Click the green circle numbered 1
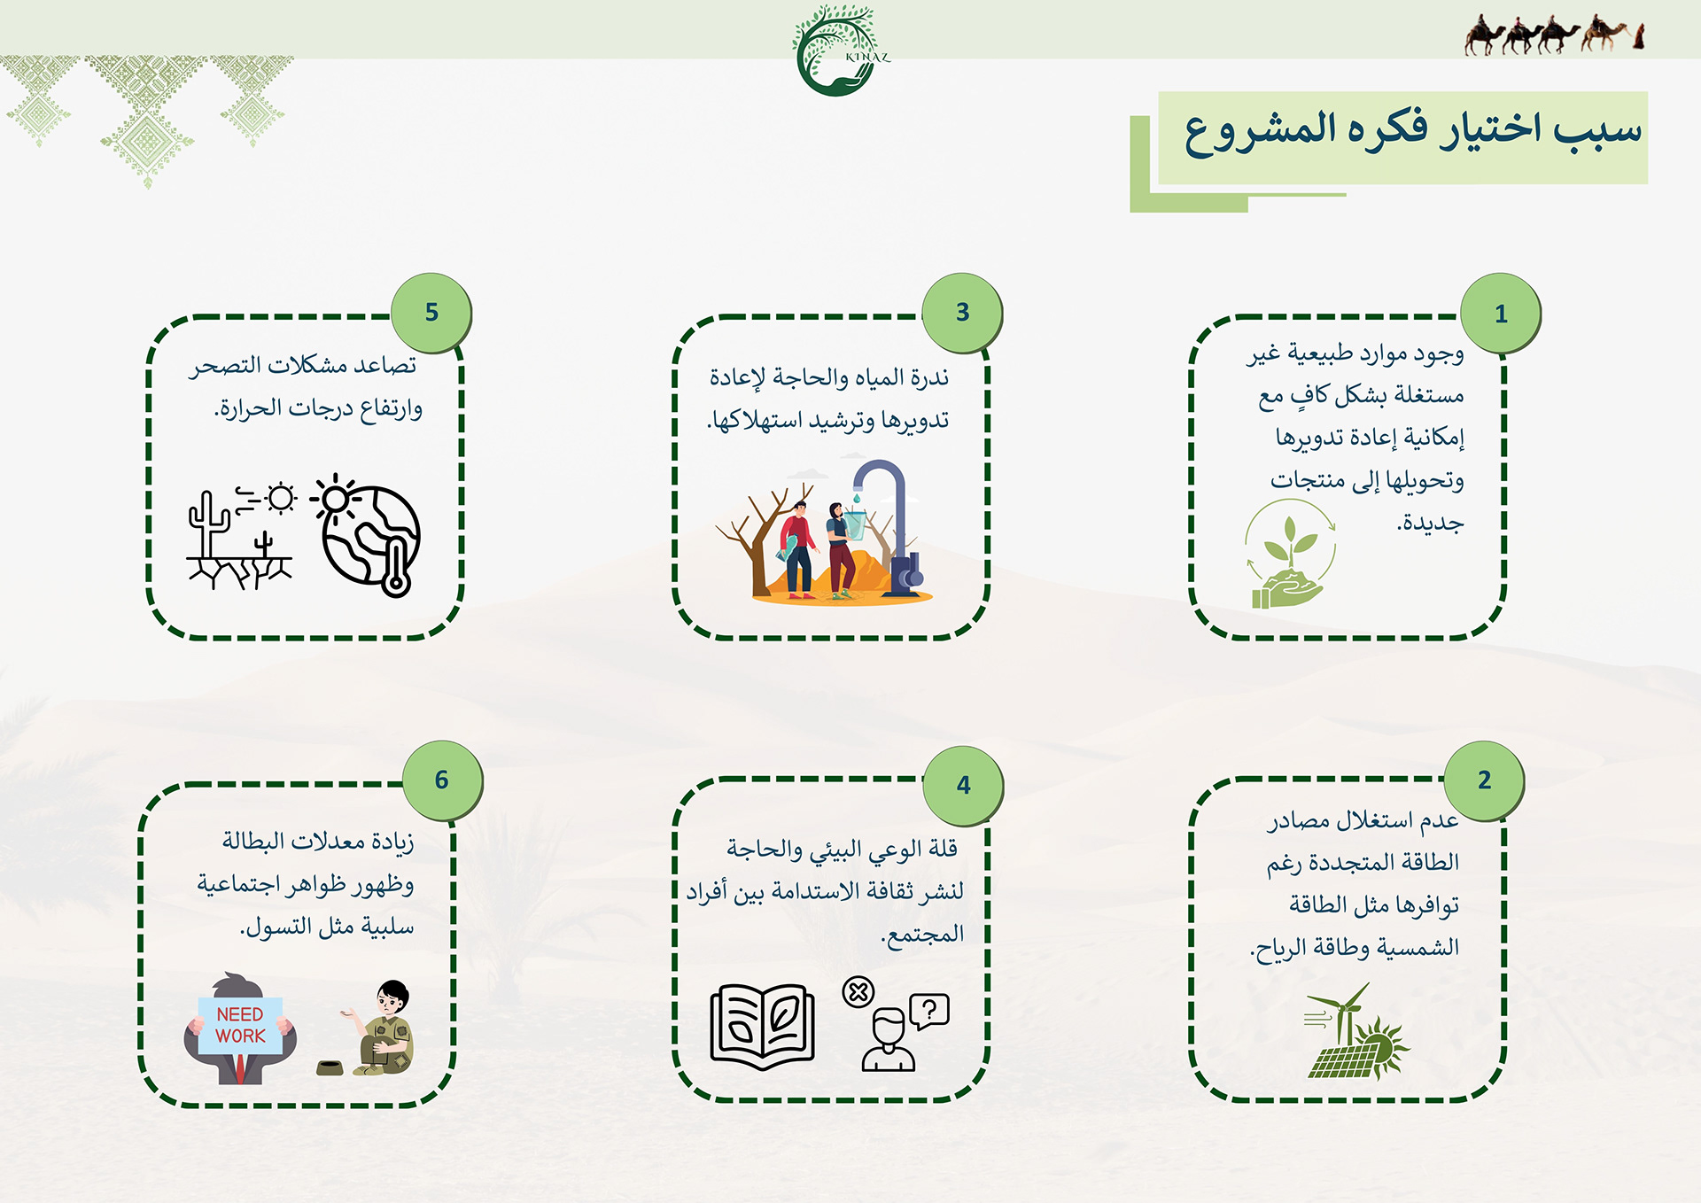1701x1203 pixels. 1501,314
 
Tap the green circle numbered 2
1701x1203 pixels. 1484,780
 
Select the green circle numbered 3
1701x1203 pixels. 962,312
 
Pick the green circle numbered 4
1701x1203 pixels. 963,785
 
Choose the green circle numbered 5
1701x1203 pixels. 431,312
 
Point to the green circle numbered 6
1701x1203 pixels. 442,780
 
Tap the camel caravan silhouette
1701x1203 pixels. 1555,35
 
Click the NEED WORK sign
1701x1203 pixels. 240,1025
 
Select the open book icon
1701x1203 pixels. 762,1027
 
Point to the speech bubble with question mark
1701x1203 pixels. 929,1011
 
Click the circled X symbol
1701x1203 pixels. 858,992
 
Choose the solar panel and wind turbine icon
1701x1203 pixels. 1356,1031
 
